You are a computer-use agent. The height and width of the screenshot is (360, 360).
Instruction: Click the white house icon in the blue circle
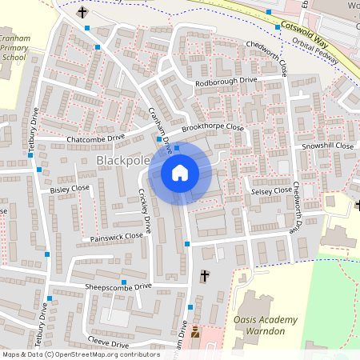[x=180, y=172]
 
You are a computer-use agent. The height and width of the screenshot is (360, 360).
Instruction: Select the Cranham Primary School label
[x=15, y=48]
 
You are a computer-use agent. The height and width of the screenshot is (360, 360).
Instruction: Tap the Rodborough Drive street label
[x=226, y=82]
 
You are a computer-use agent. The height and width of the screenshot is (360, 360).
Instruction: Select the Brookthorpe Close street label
[x=211, y=127]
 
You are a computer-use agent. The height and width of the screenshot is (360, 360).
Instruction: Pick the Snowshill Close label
[x=327, y=146]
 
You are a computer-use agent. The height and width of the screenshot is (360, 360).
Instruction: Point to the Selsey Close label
[x=271, y=191]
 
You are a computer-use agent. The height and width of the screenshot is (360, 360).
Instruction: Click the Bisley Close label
[x=70, y=190]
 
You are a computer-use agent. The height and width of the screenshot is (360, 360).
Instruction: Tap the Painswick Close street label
[x=116, y=237]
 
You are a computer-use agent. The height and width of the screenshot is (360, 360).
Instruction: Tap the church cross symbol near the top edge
[x=82, y=13]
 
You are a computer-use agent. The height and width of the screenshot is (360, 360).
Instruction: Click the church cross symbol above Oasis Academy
[x=204, y=276]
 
